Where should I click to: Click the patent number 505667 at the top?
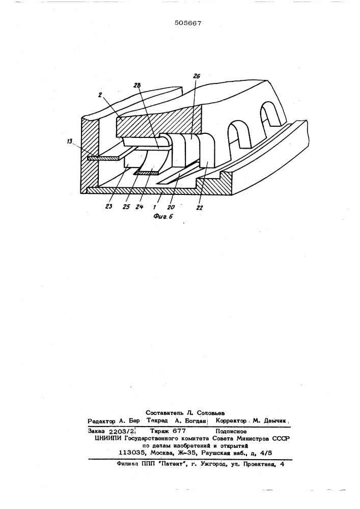(x=188, y=23)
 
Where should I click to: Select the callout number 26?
(x=197, y=76)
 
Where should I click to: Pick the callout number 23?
(x=109, y=206)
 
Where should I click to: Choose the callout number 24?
(x=139, y=207)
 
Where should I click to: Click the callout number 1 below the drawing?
(x=154, y=206)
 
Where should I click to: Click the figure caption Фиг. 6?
(x=162, y=216)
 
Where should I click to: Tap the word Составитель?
(x=165, y=413)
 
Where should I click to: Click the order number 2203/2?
(x=122, y=431)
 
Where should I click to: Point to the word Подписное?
(x=231, y=432)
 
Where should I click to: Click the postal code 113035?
(x=131, y=453)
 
